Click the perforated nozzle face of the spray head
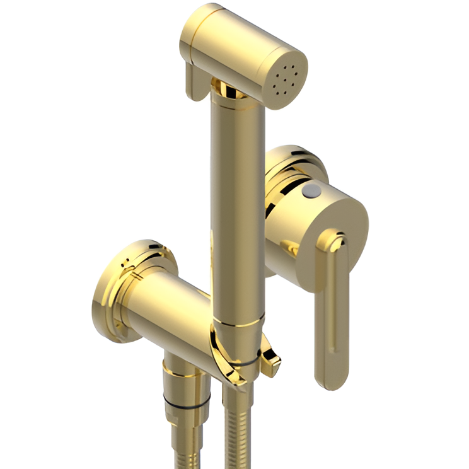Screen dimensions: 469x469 [x=287, y=79]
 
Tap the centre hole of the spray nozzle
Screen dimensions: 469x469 [x=287, y=79]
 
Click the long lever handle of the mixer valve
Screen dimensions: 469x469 [x=332, y=309]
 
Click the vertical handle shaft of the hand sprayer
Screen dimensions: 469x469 [x=234, y=208]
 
